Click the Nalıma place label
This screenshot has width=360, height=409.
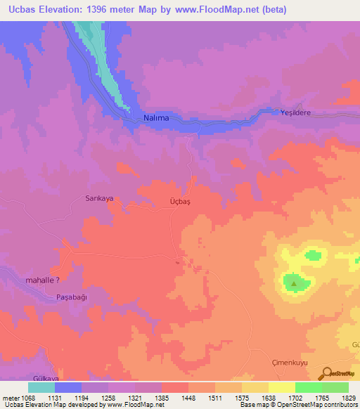155,118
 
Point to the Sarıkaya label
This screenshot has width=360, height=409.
99,199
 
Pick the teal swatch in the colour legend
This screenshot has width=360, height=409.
41,387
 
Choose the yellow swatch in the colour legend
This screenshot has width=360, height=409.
281,387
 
